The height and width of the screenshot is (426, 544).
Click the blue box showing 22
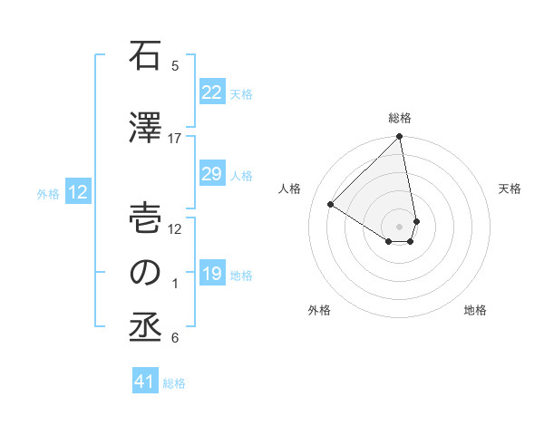point(211,92)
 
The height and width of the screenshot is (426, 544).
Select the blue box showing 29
point(211,174)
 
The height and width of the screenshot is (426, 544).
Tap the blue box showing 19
point(211,274)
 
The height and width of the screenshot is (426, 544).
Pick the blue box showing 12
point(78,192)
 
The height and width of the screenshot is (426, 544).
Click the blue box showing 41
point(145,382)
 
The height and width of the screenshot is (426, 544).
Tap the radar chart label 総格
point(400,118)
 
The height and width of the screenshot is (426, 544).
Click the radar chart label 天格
point(510,189)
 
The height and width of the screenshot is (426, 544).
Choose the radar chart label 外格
point(319,310)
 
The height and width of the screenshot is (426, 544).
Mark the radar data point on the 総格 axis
point(400,138)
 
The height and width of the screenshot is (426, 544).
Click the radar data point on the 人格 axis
point(331,205)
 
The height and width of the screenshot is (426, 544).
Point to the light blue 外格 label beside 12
point(48,193)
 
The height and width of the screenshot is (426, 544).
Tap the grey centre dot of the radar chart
point(400,225)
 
